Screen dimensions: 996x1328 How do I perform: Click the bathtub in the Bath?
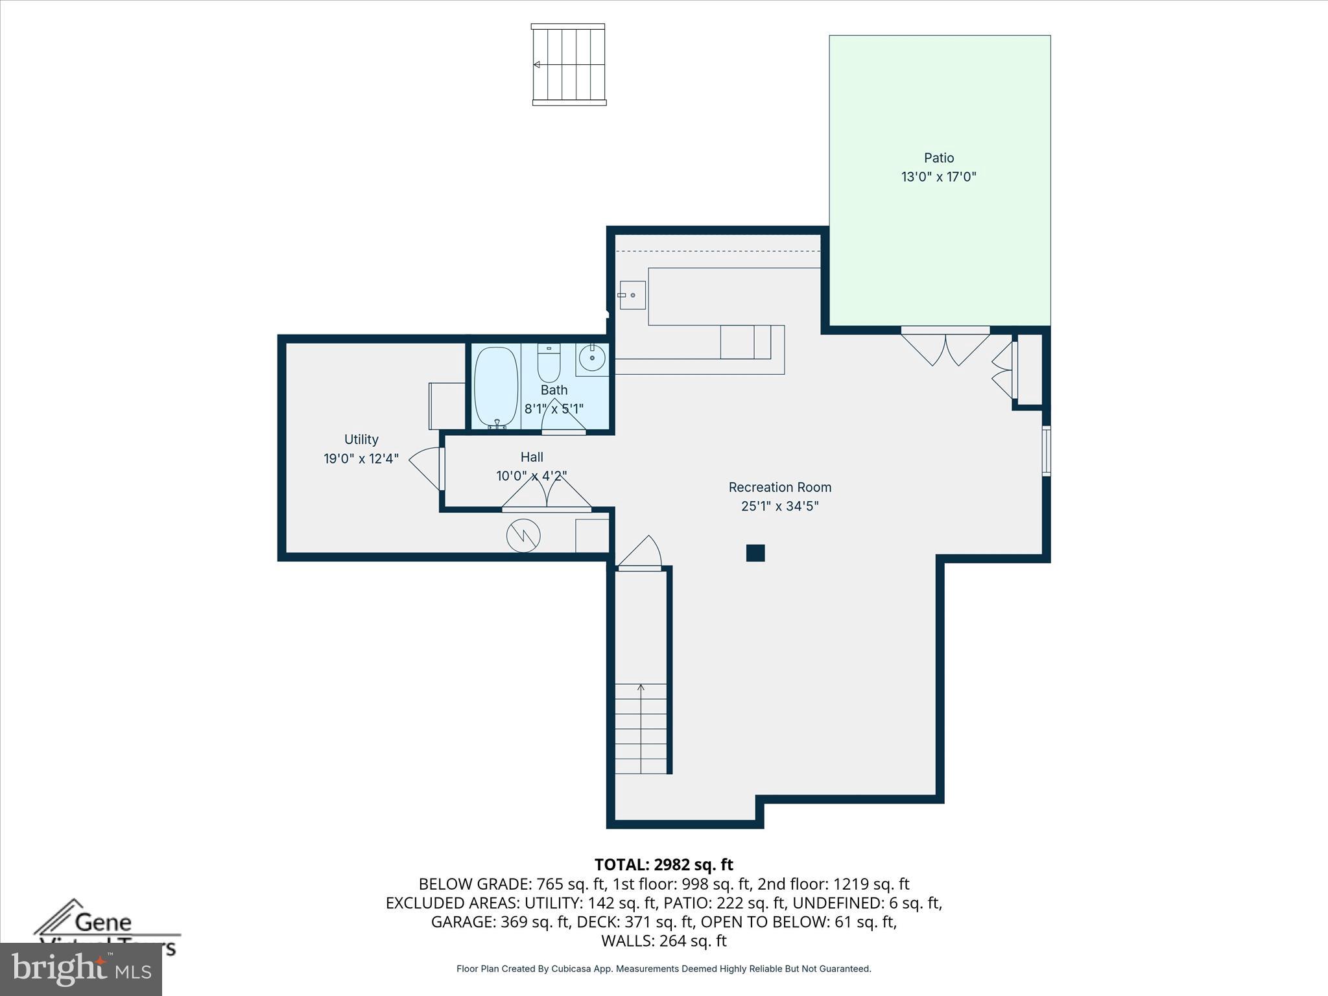click(496, 386)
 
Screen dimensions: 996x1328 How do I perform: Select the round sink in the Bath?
click(591, 357)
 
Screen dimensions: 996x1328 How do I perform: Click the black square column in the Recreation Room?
click(755, 553)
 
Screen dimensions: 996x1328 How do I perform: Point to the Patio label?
click(938, 158)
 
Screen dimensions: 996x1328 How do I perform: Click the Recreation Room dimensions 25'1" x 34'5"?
click(779, 506)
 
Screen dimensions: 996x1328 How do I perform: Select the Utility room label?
click(361, 439)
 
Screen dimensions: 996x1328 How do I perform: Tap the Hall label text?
click(532, 456)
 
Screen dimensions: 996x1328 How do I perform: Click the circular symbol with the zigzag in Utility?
click(523, 536)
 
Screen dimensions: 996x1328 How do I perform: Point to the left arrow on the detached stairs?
click(537, 65)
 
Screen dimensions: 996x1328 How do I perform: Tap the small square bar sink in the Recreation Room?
click(632, 295)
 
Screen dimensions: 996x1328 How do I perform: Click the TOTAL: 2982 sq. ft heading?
click(663, 864)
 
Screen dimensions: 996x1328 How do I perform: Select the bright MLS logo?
click(81, 969)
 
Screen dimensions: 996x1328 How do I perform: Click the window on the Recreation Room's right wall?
click(1046, 451)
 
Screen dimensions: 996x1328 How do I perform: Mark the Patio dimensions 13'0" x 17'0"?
click(938, 176)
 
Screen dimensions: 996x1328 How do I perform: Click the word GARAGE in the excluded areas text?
click(463, 921)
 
